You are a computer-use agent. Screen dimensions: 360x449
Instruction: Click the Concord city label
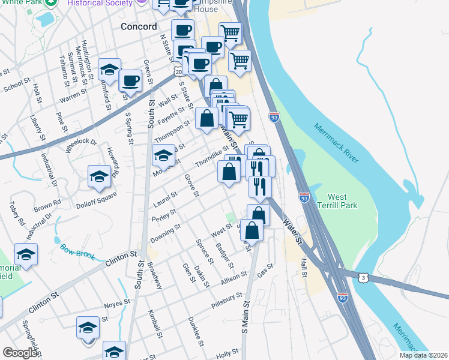point(139,26)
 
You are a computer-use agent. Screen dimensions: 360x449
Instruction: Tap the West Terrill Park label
point(342,201)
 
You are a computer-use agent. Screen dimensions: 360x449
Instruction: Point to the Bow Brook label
point(77,251)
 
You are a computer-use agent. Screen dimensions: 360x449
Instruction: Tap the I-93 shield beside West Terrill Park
point(304,197)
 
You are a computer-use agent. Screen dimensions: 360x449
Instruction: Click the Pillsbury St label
point(226,301)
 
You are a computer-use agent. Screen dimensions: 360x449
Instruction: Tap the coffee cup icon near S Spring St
point(130,81)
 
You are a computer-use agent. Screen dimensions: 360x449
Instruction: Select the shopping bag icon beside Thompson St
point(206,119)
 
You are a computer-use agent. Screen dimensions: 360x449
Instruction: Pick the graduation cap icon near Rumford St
point(109,70)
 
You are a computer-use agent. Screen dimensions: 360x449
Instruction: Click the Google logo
point(20,353)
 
